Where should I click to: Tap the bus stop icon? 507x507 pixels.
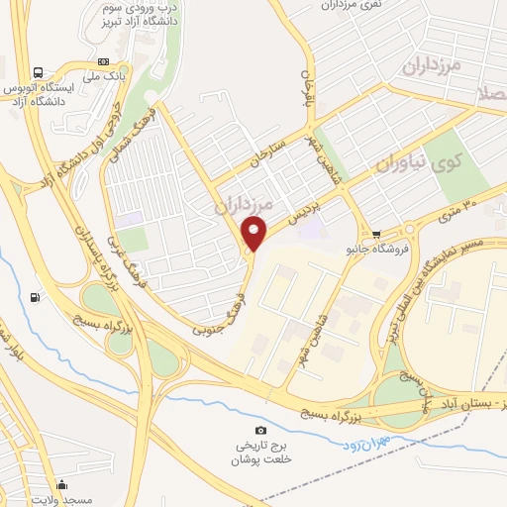38,72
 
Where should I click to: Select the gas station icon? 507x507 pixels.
36,297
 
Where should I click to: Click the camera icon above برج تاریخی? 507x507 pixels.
260,430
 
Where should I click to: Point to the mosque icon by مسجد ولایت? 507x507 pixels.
63,484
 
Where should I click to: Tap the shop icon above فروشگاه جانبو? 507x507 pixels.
376,234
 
